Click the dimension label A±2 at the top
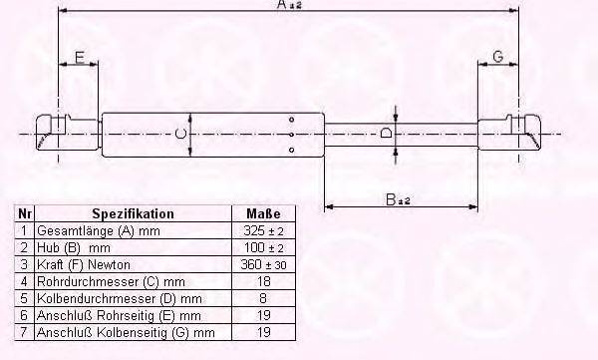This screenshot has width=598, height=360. (290, 6)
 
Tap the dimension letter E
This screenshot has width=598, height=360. (78, 57)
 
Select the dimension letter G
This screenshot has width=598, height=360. (497, 57)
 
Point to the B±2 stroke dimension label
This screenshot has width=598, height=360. (399, 199)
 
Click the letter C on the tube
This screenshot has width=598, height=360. (179, 133)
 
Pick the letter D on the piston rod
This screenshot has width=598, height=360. (386, 133)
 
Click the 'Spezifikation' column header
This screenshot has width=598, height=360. (133, 213)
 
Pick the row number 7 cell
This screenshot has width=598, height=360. (22, 332)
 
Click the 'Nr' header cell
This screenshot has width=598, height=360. (22, 213)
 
